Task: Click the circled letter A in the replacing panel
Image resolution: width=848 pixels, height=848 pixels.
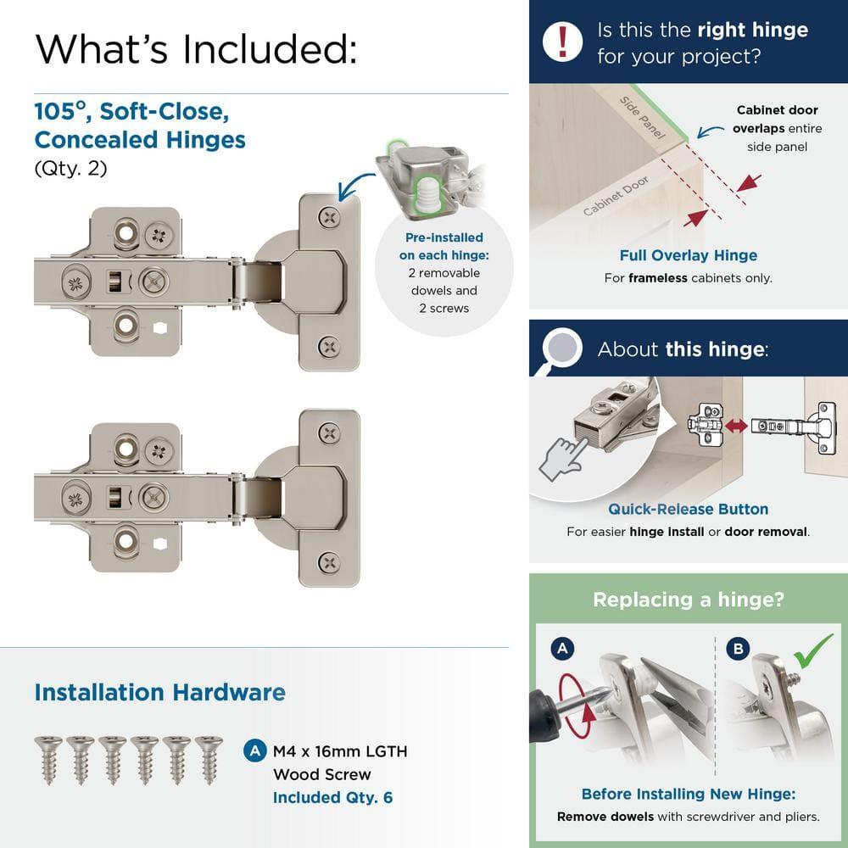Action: click(x=561, y=650)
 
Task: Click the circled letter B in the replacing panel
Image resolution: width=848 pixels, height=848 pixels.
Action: click(x=738, y=650)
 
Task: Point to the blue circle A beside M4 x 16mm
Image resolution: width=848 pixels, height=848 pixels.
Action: click(x=254, y=750)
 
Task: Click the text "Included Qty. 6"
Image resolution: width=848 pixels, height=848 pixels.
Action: click(x=332, y=797)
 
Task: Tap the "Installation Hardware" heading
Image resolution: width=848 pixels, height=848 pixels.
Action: click(x=159, y=692)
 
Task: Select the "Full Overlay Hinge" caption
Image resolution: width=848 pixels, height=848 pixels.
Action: click(x=688, y=255)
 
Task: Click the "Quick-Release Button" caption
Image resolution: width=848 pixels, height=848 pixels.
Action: click(x=688, y=509)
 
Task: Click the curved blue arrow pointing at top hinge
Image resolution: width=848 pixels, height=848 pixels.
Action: click(x=357, y=183)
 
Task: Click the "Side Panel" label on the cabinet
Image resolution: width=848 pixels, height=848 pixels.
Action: click(x=641, y=118)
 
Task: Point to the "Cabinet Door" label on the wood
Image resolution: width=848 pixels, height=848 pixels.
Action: click(x=616, y=196)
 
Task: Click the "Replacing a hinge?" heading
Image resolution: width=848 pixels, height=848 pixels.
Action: click(x=688, y=600)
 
